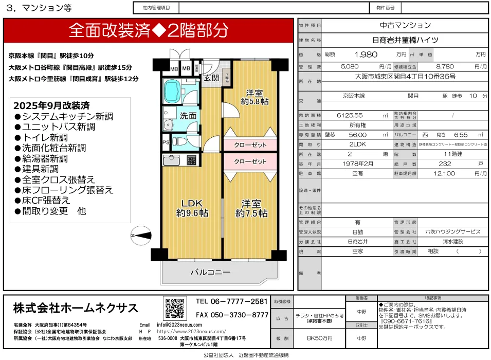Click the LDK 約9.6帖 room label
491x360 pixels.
pyautogui.click(x=192, y=207)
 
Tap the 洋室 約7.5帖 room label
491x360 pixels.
pyautogui.click(x=251, y=207)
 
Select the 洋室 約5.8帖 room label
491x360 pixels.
pyautogui.click(x=254, y=97)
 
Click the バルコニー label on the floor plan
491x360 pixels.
pyautogui.click(x=211, y=272)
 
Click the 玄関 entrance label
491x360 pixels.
pyautogui.click(x=211, y=78)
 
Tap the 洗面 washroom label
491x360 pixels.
pyautogui.click(x=188, y=116)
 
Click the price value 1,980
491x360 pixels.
pyautogui.click(x=366, y=54)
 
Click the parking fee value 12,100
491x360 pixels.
pyautogui.click(x=446, y=174)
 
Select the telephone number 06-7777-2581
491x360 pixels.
pyautogui.click(x=232, y=301)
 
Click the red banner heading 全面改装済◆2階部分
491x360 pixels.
pyautogui.click(x=149, y=30)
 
